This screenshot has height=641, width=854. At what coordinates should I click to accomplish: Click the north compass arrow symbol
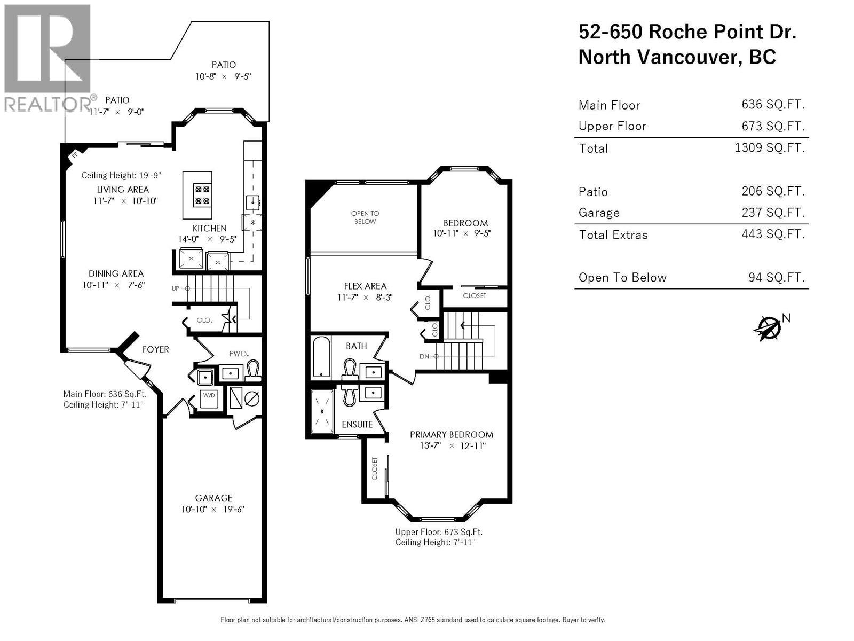pos(769,327)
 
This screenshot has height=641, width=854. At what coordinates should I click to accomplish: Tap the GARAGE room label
pos(213,498)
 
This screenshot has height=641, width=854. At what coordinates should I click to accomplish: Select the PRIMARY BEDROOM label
pos(451,435)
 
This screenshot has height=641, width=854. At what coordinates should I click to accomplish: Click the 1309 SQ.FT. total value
pos(769,148)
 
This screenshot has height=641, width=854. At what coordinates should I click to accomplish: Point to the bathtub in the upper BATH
pos(321,357)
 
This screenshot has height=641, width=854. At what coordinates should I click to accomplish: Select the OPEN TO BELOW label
pos(365,217)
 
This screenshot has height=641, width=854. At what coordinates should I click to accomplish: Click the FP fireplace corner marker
pos(74,155)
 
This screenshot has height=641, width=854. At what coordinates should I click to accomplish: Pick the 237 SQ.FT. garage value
pos(773,213)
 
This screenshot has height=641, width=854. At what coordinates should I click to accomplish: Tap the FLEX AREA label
pos(365,286)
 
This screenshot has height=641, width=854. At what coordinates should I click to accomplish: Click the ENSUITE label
pos(357,425)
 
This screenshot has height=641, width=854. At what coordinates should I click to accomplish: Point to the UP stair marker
pos(176,288)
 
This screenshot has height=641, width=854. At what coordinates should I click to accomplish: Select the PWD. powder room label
pos(239,354)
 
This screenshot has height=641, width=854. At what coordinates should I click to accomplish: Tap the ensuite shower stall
pos(322,411)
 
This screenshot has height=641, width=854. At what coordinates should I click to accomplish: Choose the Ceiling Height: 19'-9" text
pos(121,175)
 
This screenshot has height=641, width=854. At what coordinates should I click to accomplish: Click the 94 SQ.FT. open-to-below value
pos(776,277)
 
